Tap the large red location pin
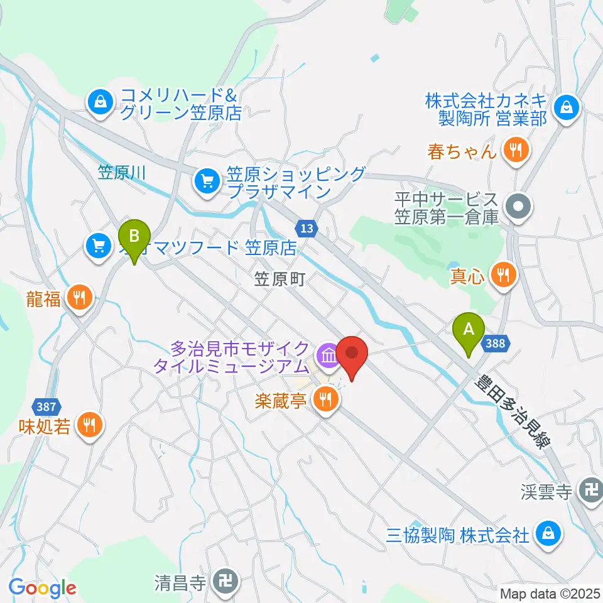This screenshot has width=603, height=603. pyautogui.click(x=352, y=356)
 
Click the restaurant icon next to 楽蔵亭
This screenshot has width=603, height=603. pyautogui.click(x=326, y=398)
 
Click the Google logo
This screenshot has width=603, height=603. pyautogui.click(x=42, y=588)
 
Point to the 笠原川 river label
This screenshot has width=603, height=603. pyautogui.click(x=122, y=172)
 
